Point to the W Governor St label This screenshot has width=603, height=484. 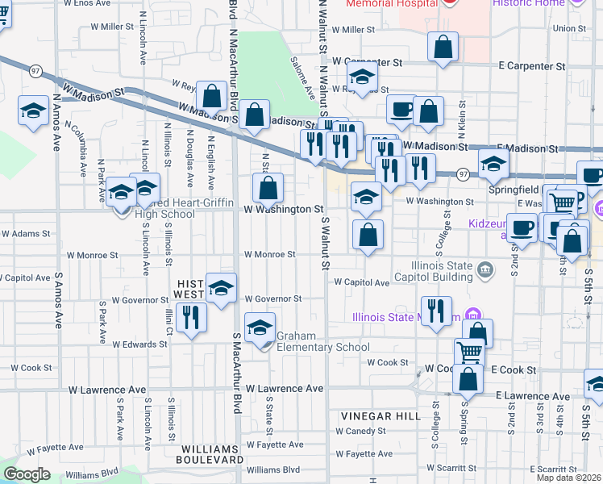click(x=273, y=298)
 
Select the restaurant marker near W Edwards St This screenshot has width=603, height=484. click(x=191, y=316)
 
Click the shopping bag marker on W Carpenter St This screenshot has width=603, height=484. click(x=443, y=48)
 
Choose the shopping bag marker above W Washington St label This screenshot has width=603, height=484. click(x=268, y=190)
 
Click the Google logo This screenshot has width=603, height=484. click(x=27, y=474)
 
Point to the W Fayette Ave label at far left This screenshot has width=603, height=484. click(x=55, y=447)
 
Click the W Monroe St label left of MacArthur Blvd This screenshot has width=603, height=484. click(x=92, y=255)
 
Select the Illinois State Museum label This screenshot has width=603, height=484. click(x=406, y=316)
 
